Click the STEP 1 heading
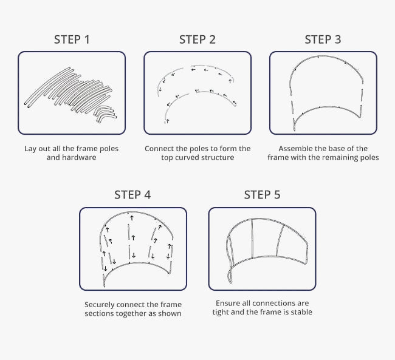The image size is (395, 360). click(72, 39)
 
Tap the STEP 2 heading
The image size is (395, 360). click(197, 39)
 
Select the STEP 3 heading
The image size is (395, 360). click(323, 39)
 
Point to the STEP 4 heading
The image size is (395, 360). click(132, 195)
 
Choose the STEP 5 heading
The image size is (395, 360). click(262, 195)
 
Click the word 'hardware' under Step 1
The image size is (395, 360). click(79, 157)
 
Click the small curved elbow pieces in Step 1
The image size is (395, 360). click(105, 114)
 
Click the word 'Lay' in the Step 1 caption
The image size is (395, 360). click(30, 149)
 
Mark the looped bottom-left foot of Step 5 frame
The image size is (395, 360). click(230, 276)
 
